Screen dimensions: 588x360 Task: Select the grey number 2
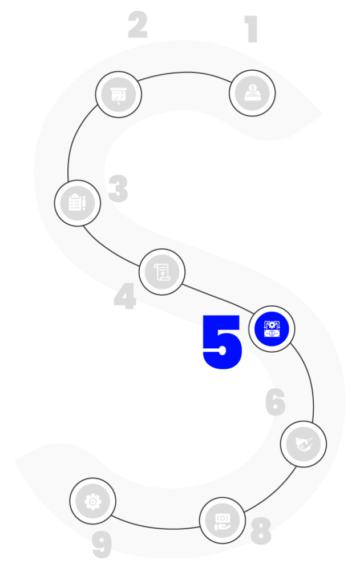(x=137, y=25)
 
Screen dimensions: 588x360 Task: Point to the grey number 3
(x=119, y=189)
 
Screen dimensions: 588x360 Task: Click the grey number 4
(x=125, y=297)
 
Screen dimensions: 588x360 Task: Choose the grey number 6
(x=275, y=402)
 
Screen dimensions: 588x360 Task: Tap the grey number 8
(x=261, y=531)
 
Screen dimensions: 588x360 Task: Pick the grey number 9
(x=102, y=546)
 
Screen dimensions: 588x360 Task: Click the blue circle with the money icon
(x=272, y=329)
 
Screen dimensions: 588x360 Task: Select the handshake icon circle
(x=304, y=444)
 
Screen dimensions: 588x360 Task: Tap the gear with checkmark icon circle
(x=92, y=501)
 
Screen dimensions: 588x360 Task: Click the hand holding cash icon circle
(x=223, y=519)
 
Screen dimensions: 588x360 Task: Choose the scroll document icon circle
(x=162, y=272)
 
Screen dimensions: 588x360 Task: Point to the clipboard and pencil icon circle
(x=78, y=203)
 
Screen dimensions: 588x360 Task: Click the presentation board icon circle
(x=119, y=94)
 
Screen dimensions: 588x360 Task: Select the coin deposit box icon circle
(x=252, y=93)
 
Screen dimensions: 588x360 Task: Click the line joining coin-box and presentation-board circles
(x=185, y=73)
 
